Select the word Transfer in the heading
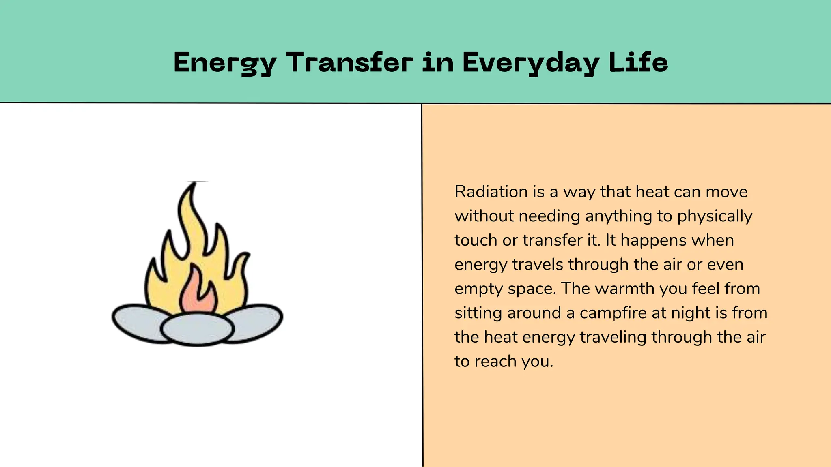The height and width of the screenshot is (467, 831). (x=350, y=63)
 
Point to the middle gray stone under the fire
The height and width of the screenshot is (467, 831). (x=197, y=329)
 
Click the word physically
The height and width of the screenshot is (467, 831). (x=715, y=216)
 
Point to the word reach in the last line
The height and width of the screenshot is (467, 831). (x=496, y=361)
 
